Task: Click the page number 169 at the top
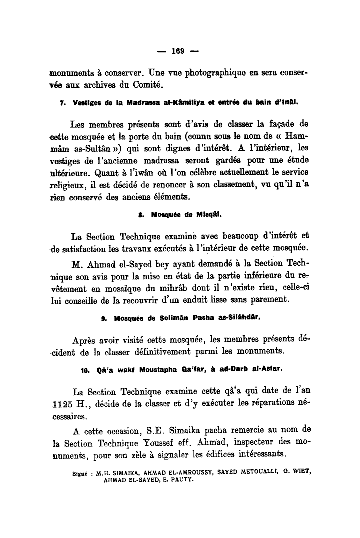point(178,51)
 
